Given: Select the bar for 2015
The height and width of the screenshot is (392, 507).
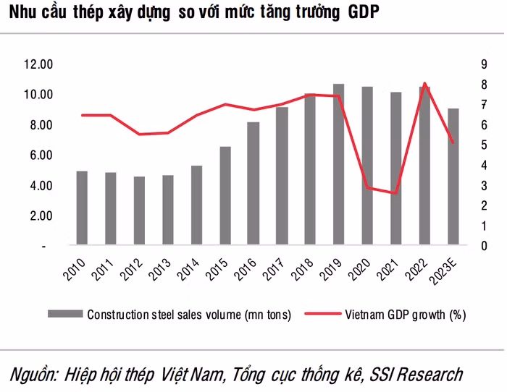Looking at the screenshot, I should [x=225, y=196].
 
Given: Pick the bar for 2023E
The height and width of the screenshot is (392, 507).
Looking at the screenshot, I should [x=453, y=177].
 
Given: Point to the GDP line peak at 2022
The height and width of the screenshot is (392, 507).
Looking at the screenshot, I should [x=424, y=83].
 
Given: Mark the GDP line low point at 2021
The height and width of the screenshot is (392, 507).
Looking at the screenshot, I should [x=395, y=193].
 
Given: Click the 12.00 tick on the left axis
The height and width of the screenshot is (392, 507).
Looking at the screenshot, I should [x=38, y=64].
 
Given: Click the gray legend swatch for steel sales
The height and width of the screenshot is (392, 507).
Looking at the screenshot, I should [x=65, y=315].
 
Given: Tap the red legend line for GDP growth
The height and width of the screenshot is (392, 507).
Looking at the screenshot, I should [x=321, y=315].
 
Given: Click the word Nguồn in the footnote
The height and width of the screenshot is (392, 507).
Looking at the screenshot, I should [x=33, y=374].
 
